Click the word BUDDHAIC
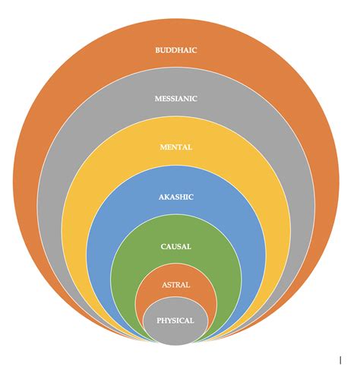pyautogui.click(x=176, y=50)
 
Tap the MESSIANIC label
pyautogui.click(x=176, y=99)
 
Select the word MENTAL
pyautogui.click(x=176, y=147)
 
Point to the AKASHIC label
pyautogui.click(x=176, y=197)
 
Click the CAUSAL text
pyautogui.click(x=176, y=246)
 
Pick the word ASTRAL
pyautogui.click(x=176, y=285)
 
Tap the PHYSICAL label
pyautogui.click(x=175, y=321)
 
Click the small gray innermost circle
pyautogui.click(x=175, y=334)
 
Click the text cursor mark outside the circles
pyautogui.click(x=340, y=360)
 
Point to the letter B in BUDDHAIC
pyautogui.click(x=158, y=50)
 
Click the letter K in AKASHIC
pyautogui.click(x=167, y=197)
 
